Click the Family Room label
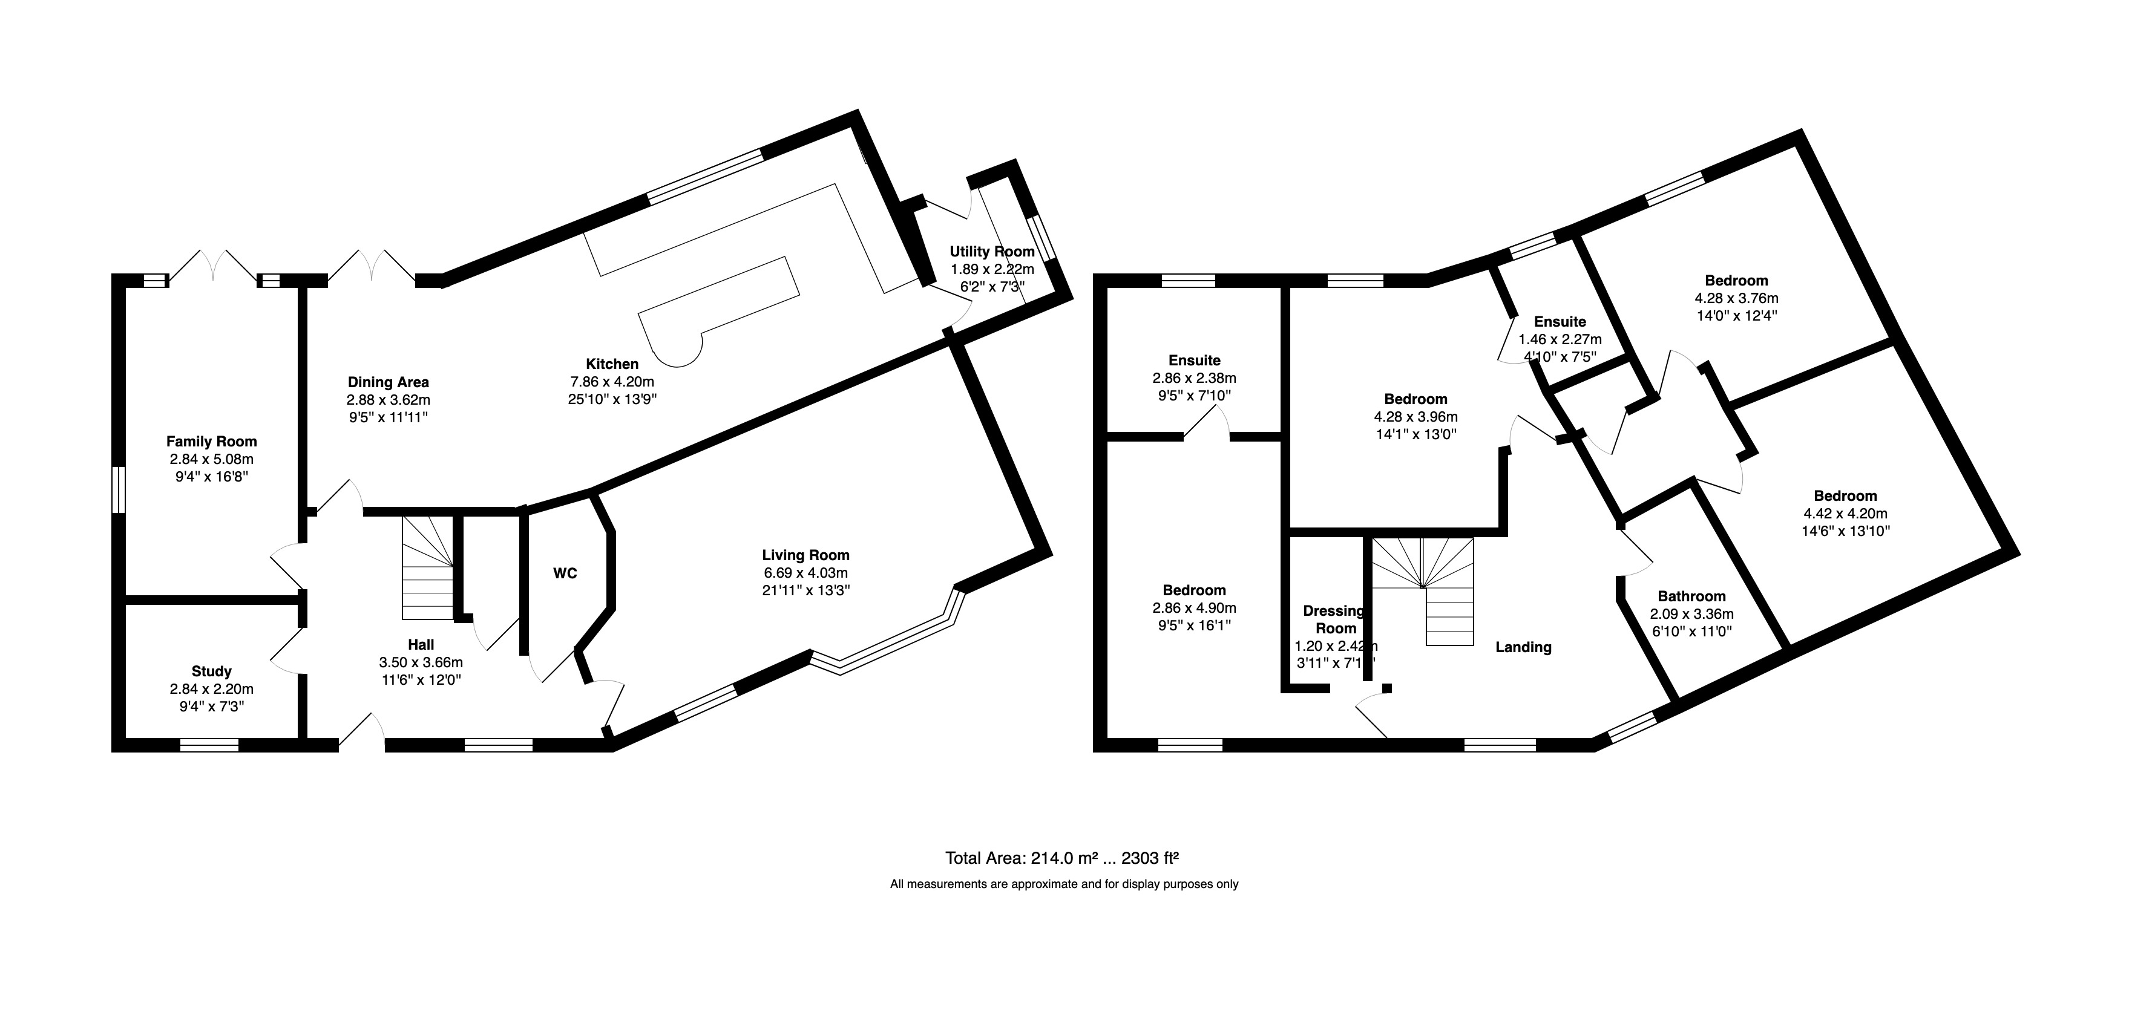click(x=212, y=441)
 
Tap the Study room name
click(x=212, y=671)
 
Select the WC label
click(x=565, y=573)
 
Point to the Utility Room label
click(x=992, y=251)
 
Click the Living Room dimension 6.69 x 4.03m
click(x=806, y=573)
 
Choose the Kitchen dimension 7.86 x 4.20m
click(x=612, y=382)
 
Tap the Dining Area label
click(x=389, y=382)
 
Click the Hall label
click(x=421, y=645)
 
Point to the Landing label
click(x=1523, y=647)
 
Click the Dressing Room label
click(x=1334, y=619)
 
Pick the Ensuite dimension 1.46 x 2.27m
click(x=1560, y=339)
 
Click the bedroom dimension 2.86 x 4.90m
click(x=1194, y=608)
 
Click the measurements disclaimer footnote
click(x=1064, y=884)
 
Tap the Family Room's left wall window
click(x=119, y=489)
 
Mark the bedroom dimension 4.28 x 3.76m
click(x=1736, y=298)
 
